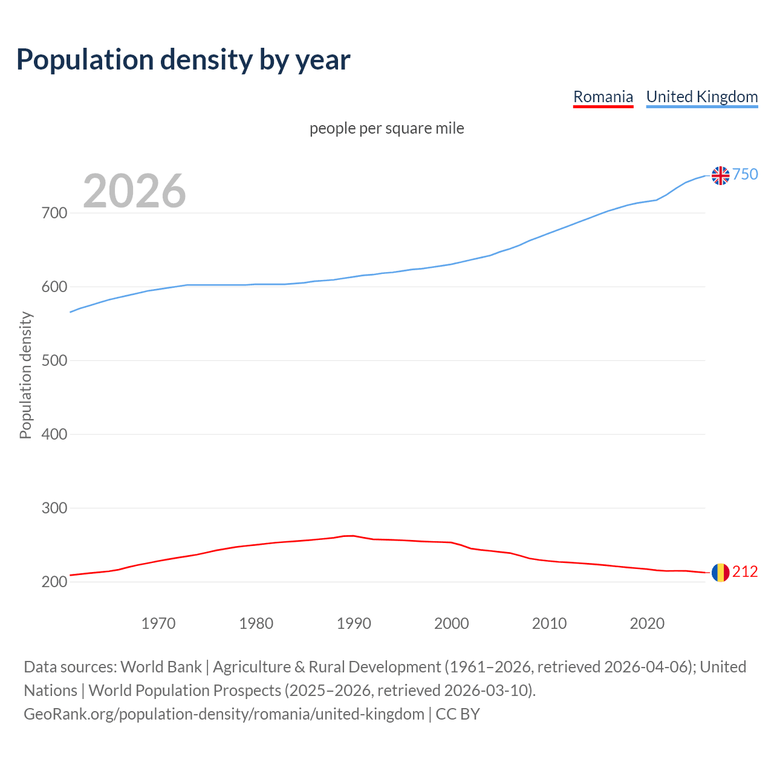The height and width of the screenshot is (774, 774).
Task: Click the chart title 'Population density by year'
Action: (x=183, y=59)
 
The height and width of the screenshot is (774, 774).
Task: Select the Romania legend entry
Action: (x=603, y=97)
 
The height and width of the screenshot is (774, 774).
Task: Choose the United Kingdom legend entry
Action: (x=701, y=97)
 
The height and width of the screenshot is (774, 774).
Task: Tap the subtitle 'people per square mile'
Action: (x=387, y=129)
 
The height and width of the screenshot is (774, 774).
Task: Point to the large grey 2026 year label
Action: (x=134, y=191)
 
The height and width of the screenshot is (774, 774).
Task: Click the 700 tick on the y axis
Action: (x=54, y=213)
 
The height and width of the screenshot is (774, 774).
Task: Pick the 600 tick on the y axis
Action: (x=54, y=287)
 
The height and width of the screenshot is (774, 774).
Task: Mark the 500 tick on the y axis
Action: (x=54, y=361)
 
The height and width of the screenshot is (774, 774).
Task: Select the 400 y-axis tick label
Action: (x=54, y=435)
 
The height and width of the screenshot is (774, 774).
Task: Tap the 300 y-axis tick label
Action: (x=54, y=509)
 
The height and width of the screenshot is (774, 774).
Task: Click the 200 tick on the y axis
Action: (x=54, y=582)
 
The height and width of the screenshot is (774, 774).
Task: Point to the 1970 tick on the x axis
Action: (x=158, y=623)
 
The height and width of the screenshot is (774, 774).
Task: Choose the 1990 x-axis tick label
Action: (x=354, y=623)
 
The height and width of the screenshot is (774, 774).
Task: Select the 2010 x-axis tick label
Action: (x=549, y=623)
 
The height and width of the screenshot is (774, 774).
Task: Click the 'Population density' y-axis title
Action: (x=25, y=375)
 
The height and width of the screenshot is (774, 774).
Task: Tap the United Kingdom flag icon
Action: (x=720, y=175)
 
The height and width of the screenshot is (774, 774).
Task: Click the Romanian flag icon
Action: (x=720, y=572)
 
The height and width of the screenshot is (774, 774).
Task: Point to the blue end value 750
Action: (x=745, y=175)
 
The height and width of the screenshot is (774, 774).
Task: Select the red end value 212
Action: (x=745, y=572)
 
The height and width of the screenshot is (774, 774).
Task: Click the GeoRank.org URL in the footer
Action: (x=224, y=714)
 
